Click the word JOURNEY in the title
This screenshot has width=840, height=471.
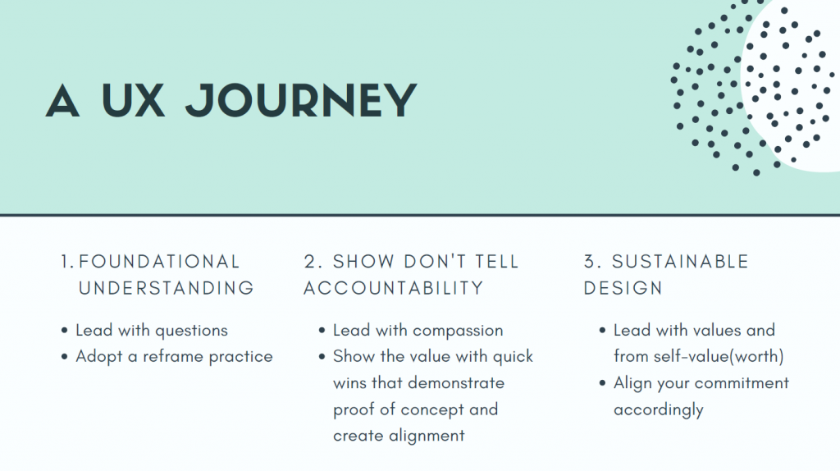click(301, 100)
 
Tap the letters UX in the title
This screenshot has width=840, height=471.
click(133, 100)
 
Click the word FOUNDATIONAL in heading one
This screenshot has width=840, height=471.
click(159, 262)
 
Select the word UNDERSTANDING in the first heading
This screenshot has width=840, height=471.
click(166, 288)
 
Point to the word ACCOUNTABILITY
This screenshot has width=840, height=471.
click(394, 288)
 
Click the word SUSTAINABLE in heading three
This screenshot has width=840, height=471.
click(680, 262)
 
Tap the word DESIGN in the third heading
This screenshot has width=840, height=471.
click(623, 288)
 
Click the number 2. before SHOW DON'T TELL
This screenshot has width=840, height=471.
click(313, 262)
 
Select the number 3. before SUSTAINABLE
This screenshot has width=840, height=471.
click(593, 262)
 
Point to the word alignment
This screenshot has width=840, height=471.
click(427, 437)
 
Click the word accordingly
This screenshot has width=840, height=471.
click(659, 410)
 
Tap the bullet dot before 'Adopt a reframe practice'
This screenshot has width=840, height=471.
click(65, 356)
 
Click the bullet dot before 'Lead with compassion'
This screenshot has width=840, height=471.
click(322, 330)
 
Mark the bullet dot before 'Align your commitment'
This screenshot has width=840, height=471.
click(603, 382)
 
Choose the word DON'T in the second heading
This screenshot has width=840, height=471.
click(435, 262)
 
